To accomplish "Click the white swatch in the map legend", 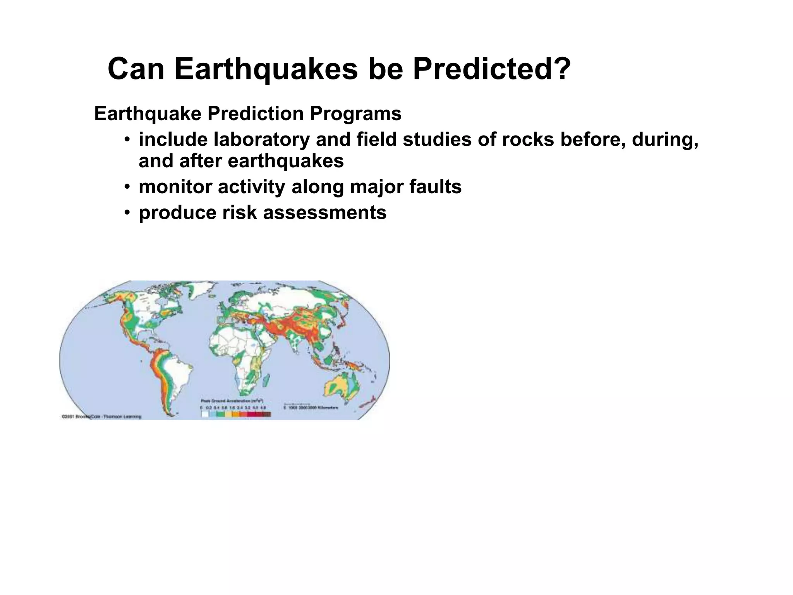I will coord(205,414).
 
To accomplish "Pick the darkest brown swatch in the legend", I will coord(267,414).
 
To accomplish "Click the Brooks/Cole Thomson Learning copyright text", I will coord(101,417).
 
